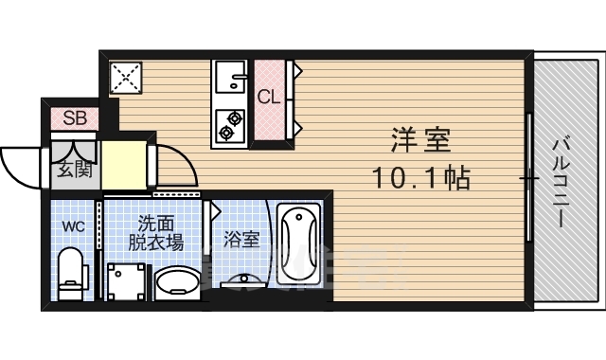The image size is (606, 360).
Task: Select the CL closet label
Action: coord(268,96)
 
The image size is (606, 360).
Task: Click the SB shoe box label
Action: coord(75,119)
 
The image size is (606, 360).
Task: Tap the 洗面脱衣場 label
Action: coord(155,232)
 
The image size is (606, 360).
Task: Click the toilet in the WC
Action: coord(71,272)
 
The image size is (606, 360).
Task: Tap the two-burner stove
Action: coord(230,123)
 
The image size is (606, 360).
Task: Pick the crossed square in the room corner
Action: coord(126,78)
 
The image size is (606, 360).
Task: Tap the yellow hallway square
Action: coord(124,166)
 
